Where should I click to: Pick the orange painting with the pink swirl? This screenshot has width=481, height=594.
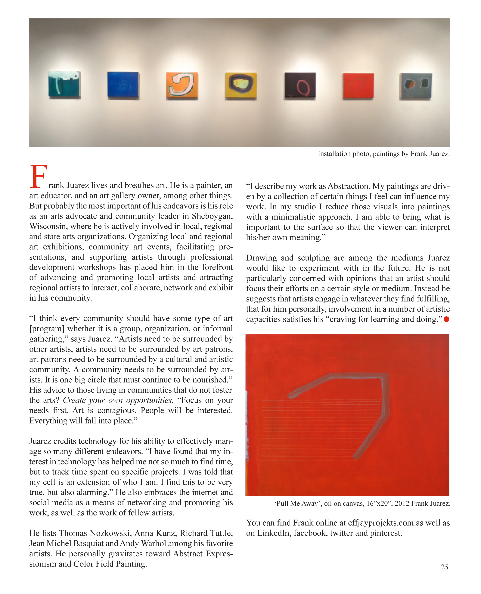[x=182, y=85]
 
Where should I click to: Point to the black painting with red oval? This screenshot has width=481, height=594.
[x=300, y=85]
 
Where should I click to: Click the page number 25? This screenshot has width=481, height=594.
[x=444, y=567]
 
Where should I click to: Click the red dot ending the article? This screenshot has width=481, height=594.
[x=446, y=319]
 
